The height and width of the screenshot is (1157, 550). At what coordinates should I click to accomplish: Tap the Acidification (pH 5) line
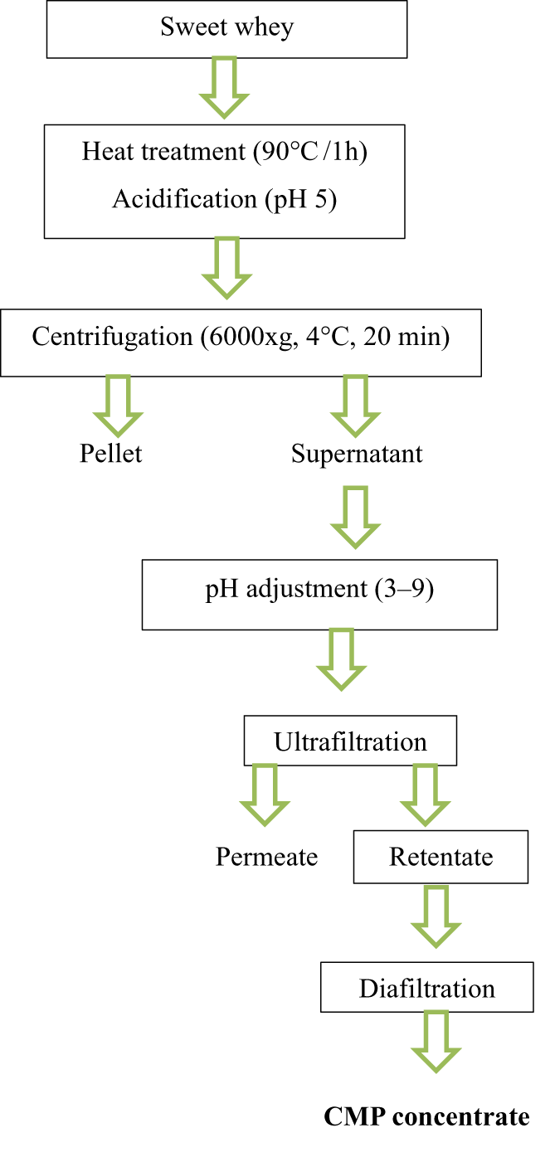click(224, 200)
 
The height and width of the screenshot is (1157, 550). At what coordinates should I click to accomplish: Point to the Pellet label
click(111, 454)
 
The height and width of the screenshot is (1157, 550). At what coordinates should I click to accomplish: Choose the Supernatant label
click(357, 454)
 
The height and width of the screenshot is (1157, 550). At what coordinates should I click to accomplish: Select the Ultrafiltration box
click(350, 741)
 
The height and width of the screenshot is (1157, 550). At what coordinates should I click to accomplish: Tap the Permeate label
click(266, 856)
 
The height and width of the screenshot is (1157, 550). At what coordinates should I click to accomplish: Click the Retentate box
click(440, 856)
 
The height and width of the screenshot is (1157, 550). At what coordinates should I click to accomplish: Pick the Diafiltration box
click(426, 988)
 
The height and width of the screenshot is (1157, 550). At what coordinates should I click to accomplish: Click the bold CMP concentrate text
click(426, 1116)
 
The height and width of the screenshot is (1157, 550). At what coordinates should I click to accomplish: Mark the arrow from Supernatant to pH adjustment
click(355, 517)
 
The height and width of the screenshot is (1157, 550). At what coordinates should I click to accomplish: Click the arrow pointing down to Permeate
click(265, 795)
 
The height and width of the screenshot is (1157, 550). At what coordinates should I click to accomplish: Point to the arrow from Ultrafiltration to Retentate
click(425, 795)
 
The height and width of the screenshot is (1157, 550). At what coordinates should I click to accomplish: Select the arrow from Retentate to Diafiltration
click(436, 916)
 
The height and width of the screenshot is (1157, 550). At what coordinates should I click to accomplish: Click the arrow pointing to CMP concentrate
click(436, 1042)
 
